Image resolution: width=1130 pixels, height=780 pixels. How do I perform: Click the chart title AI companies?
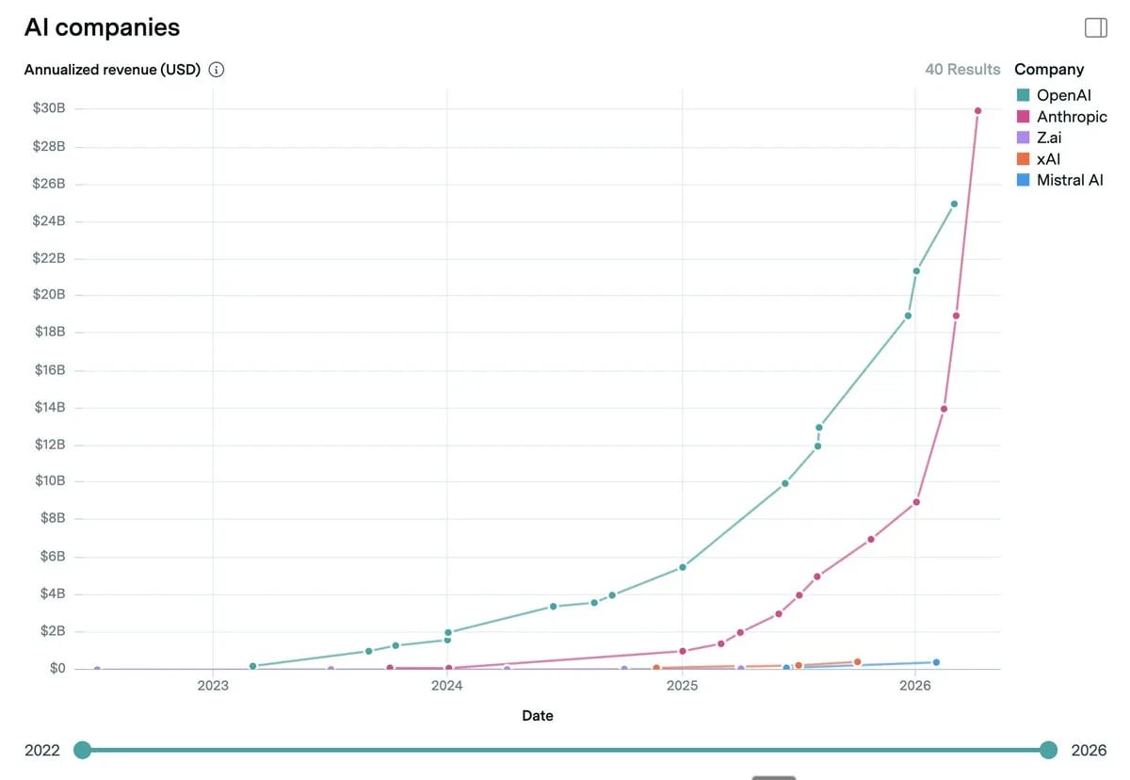coord(102,27)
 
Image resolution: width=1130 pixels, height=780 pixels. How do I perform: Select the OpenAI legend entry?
coord(1062,95)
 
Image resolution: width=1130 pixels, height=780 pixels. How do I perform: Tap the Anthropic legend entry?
coord(1071,117)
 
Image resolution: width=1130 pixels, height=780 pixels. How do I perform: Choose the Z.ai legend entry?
coord(1048,138)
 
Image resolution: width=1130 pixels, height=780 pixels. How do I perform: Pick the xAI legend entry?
coord(1047,159)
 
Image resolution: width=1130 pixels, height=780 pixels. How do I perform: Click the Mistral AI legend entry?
coord(1069,180)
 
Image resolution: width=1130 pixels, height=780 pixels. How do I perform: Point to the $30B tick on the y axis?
coord(49,108)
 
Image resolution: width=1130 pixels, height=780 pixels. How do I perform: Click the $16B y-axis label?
coord(49,369)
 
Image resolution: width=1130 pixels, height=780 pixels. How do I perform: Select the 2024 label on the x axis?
coord(447,686)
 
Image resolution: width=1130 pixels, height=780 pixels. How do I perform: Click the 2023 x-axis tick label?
coord(213,686)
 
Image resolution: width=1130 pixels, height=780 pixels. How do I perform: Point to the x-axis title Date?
coord(538,716)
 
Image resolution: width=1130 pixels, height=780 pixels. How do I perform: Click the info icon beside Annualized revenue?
coord(217,70)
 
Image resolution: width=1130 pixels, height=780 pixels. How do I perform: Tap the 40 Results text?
coord(962,69)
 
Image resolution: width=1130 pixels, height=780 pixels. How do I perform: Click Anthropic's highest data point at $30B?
coord(977,111)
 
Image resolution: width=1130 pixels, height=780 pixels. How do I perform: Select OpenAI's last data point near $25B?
coord(954,203)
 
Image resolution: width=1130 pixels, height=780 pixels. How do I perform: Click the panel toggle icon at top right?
coord(1095,27)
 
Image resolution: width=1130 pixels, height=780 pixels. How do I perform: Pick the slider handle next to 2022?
coord(83,750)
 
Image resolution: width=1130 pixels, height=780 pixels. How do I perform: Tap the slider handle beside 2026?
coord(1049,750)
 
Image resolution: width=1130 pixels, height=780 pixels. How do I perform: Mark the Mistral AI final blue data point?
coord(936,662)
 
